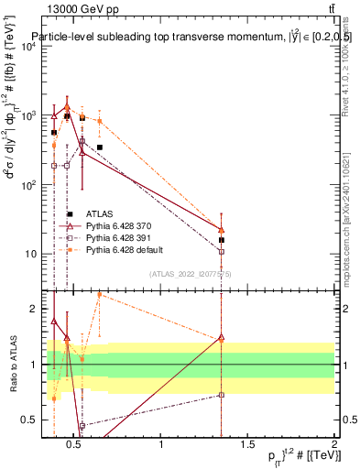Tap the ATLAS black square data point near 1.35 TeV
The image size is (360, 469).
click(222, 240)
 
